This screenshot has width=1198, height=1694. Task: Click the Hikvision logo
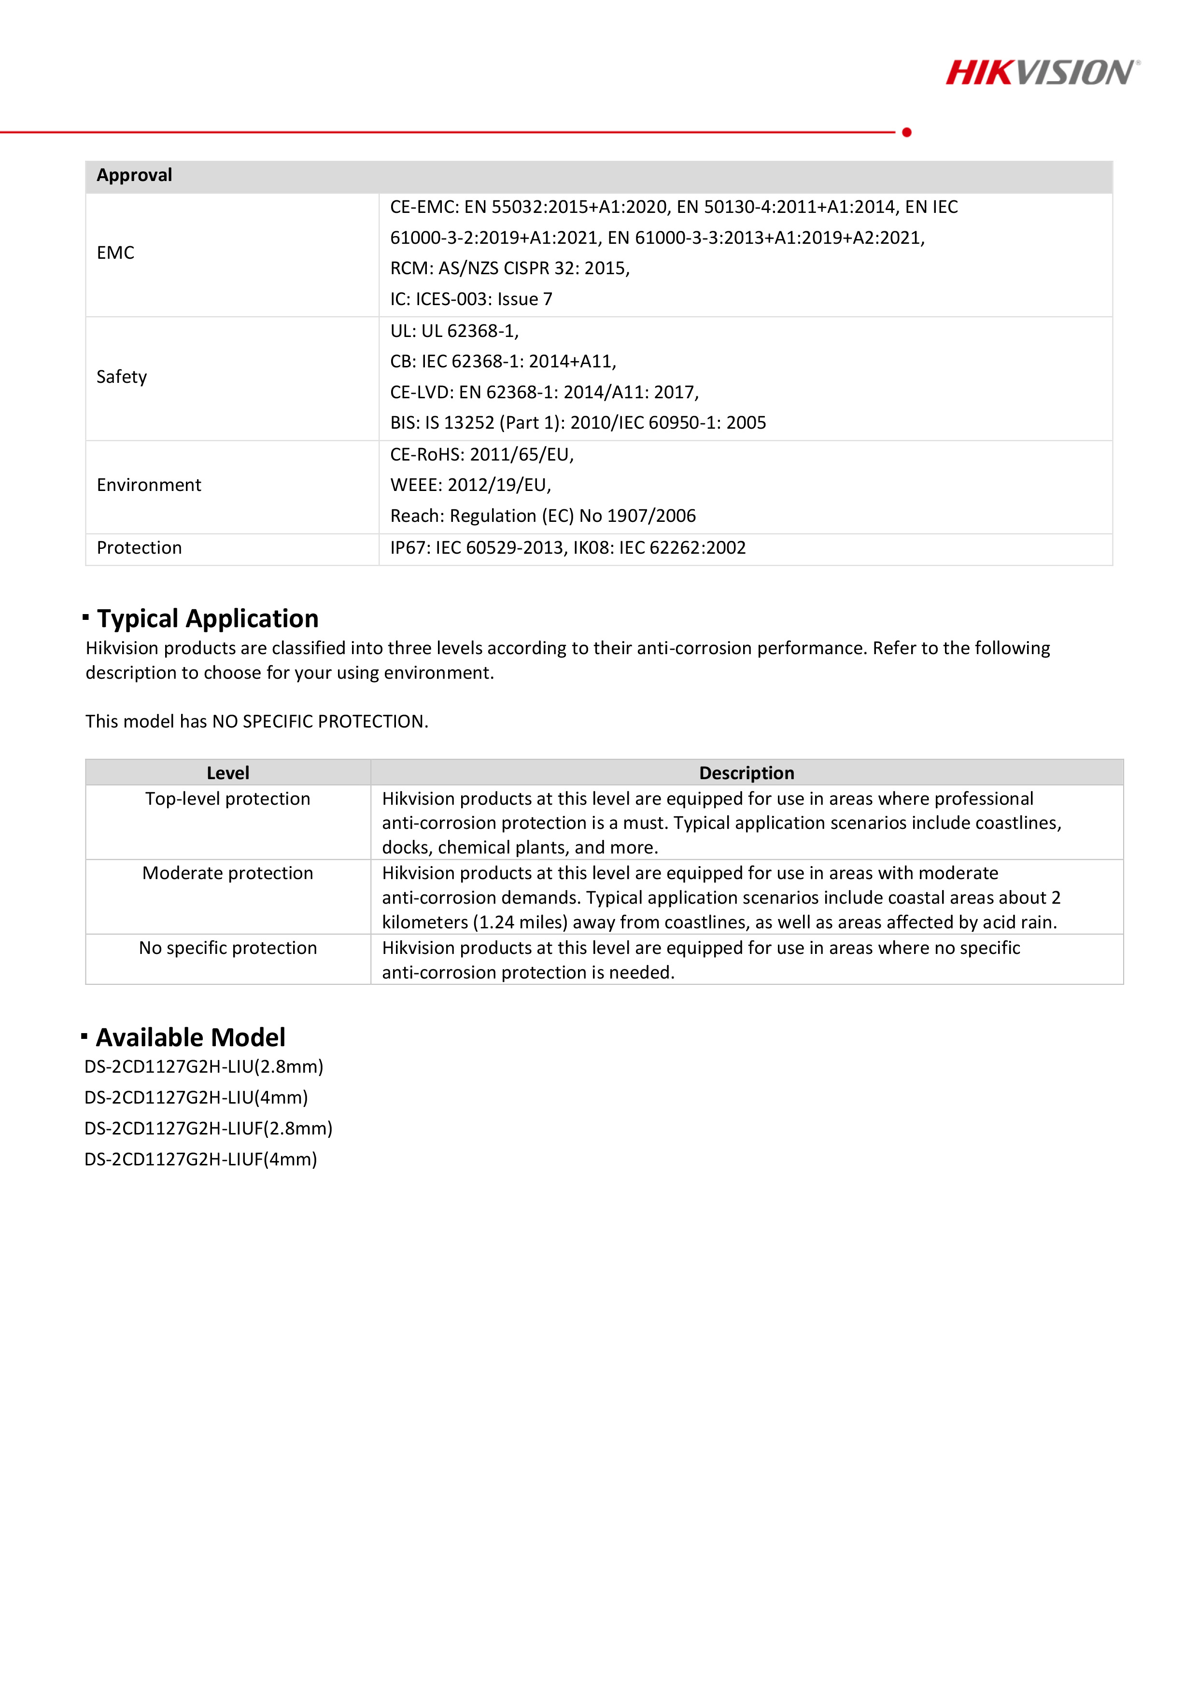pyautogui.click(x=1042, y=72)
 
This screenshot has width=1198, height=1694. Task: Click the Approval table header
pyautogui.click(x=134, y=176)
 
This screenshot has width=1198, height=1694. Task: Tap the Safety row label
pyautogui.click(x=122, y=377)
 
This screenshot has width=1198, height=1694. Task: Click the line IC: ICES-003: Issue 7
pyautogui.click(x=471, y=299)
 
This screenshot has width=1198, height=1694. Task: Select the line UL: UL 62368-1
pyautogui.click(x=454, y=331)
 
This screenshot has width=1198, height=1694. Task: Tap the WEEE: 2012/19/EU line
pyautogui.click(x=470, y=485)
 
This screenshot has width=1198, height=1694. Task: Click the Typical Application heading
pyautogui.click(x=208, y=618)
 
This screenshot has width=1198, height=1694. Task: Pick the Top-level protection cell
pyautogui.click(x=228, y=799)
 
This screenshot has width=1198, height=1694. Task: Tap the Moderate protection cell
pyautogui.click(x=228, y=874)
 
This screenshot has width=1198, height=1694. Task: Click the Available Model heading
pyautogui.click(x=190, y=1037)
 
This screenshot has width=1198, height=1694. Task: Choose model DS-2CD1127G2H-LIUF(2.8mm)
pyautogui.click(x=208, y=1128)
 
